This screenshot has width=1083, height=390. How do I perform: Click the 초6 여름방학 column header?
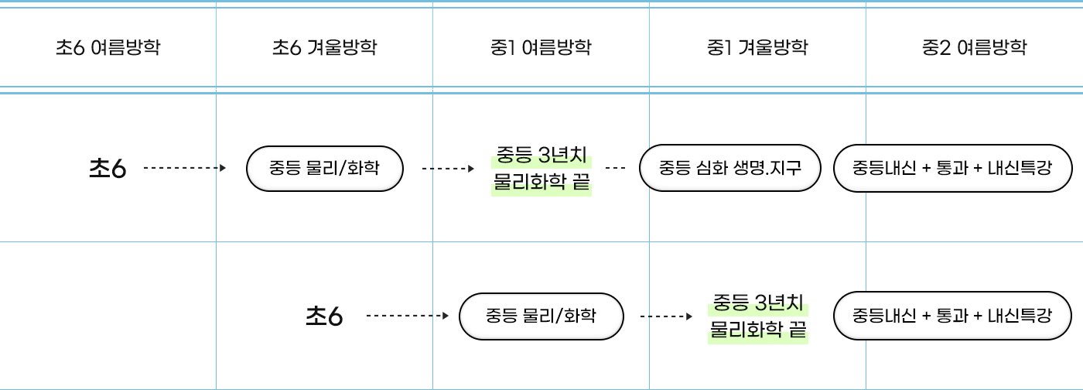pyautogui.click(x=108, y=48)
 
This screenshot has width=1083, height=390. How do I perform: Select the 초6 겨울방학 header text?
pyautogui.click(x=324, y=48)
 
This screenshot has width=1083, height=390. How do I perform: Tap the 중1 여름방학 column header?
pyautogui.click(x=541, y=48)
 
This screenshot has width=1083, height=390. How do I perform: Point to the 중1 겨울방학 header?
pyautogui.click(x=757, y=48)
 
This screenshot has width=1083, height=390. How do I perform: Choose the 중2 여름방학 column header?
pyautogui.click(x=974, y=48)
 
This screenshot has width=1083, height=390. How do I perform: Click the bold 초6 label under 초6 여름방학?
pyautogui.click(x=108, y=168)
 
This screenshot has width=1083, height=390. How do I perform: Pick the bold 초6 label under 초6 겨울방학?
pyautogui.click(x=324, y=316)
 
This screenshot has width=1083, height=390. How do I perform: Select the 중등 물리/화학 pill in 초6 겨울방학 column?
pyautogui.click(x=324, y=167)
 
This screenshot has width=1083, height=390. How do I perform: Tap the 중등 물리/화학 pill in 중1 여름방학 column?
pyautogui.click(x=541, y=316)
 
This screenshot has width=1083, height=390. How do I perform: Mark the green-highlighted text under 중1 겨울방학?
pyautogui.click(x=757, y=316)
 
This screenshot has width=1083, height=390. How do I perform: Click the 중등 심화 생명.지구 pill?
pyautogui.click(x=729, y=167)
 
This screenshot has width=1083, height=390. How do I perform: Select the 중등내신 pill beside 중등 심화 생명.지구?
pyautogui.click(x=951, y=167)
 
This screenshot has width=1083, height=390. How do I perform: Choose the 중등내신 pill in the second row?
pyautogui.click(x=951, y=316)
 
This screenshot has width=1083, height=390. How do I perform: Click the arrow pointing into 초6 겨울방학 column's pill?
pyautogui.click(x=185, y=167)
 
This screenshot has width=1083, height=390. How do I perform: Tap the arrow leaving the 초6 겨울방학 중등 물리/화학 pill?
pyautogui.click(x=447, y=167)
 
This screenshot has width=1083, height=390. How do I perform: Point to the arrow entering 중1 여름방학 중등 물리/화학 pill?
pyautogui.click(x=407, y=316)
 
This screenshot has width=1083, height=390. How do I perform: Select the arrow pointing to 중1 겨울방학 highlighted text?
pyautogui.click(x=666, y=316)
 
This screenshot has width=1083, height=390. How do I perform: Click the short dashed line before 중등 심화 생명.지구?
pyautogui.click(x=615, y=167)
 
